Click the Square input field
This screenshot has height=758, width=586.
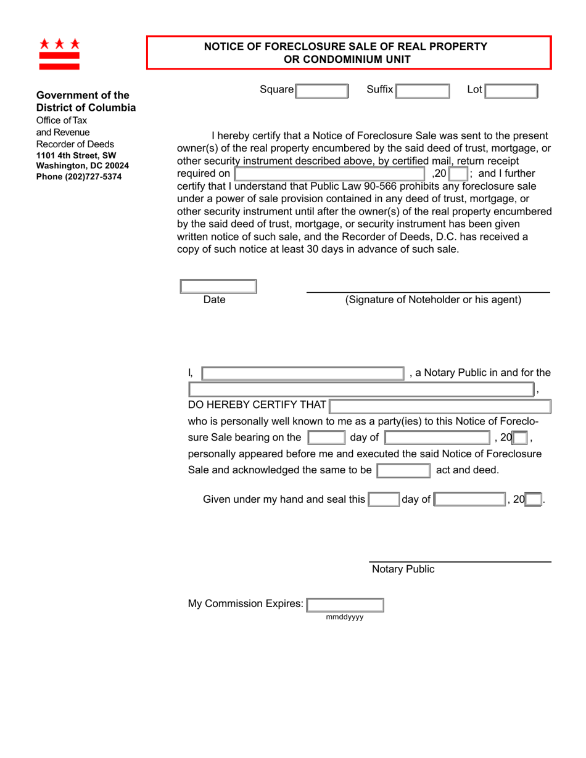(322, 91)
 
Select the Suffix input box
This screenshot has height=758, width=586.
(423, 91)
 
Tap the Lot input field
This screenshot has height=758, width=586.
(511, 91)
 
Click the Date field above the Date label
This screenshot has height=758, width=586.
(218, 287)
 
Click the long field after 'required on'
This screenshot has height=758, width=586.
(329, 174)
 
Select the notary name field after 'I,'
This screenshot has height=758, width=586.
(302, 372)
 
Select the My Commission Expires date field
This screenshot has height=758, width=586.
(345, 605)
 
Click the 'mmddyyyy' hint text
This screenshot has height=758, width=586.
(345, 617)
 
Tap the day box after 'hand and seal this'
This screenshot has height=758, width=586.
(384, 499)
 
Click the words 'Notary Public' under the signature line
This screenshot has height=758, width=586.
(403, 569)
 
